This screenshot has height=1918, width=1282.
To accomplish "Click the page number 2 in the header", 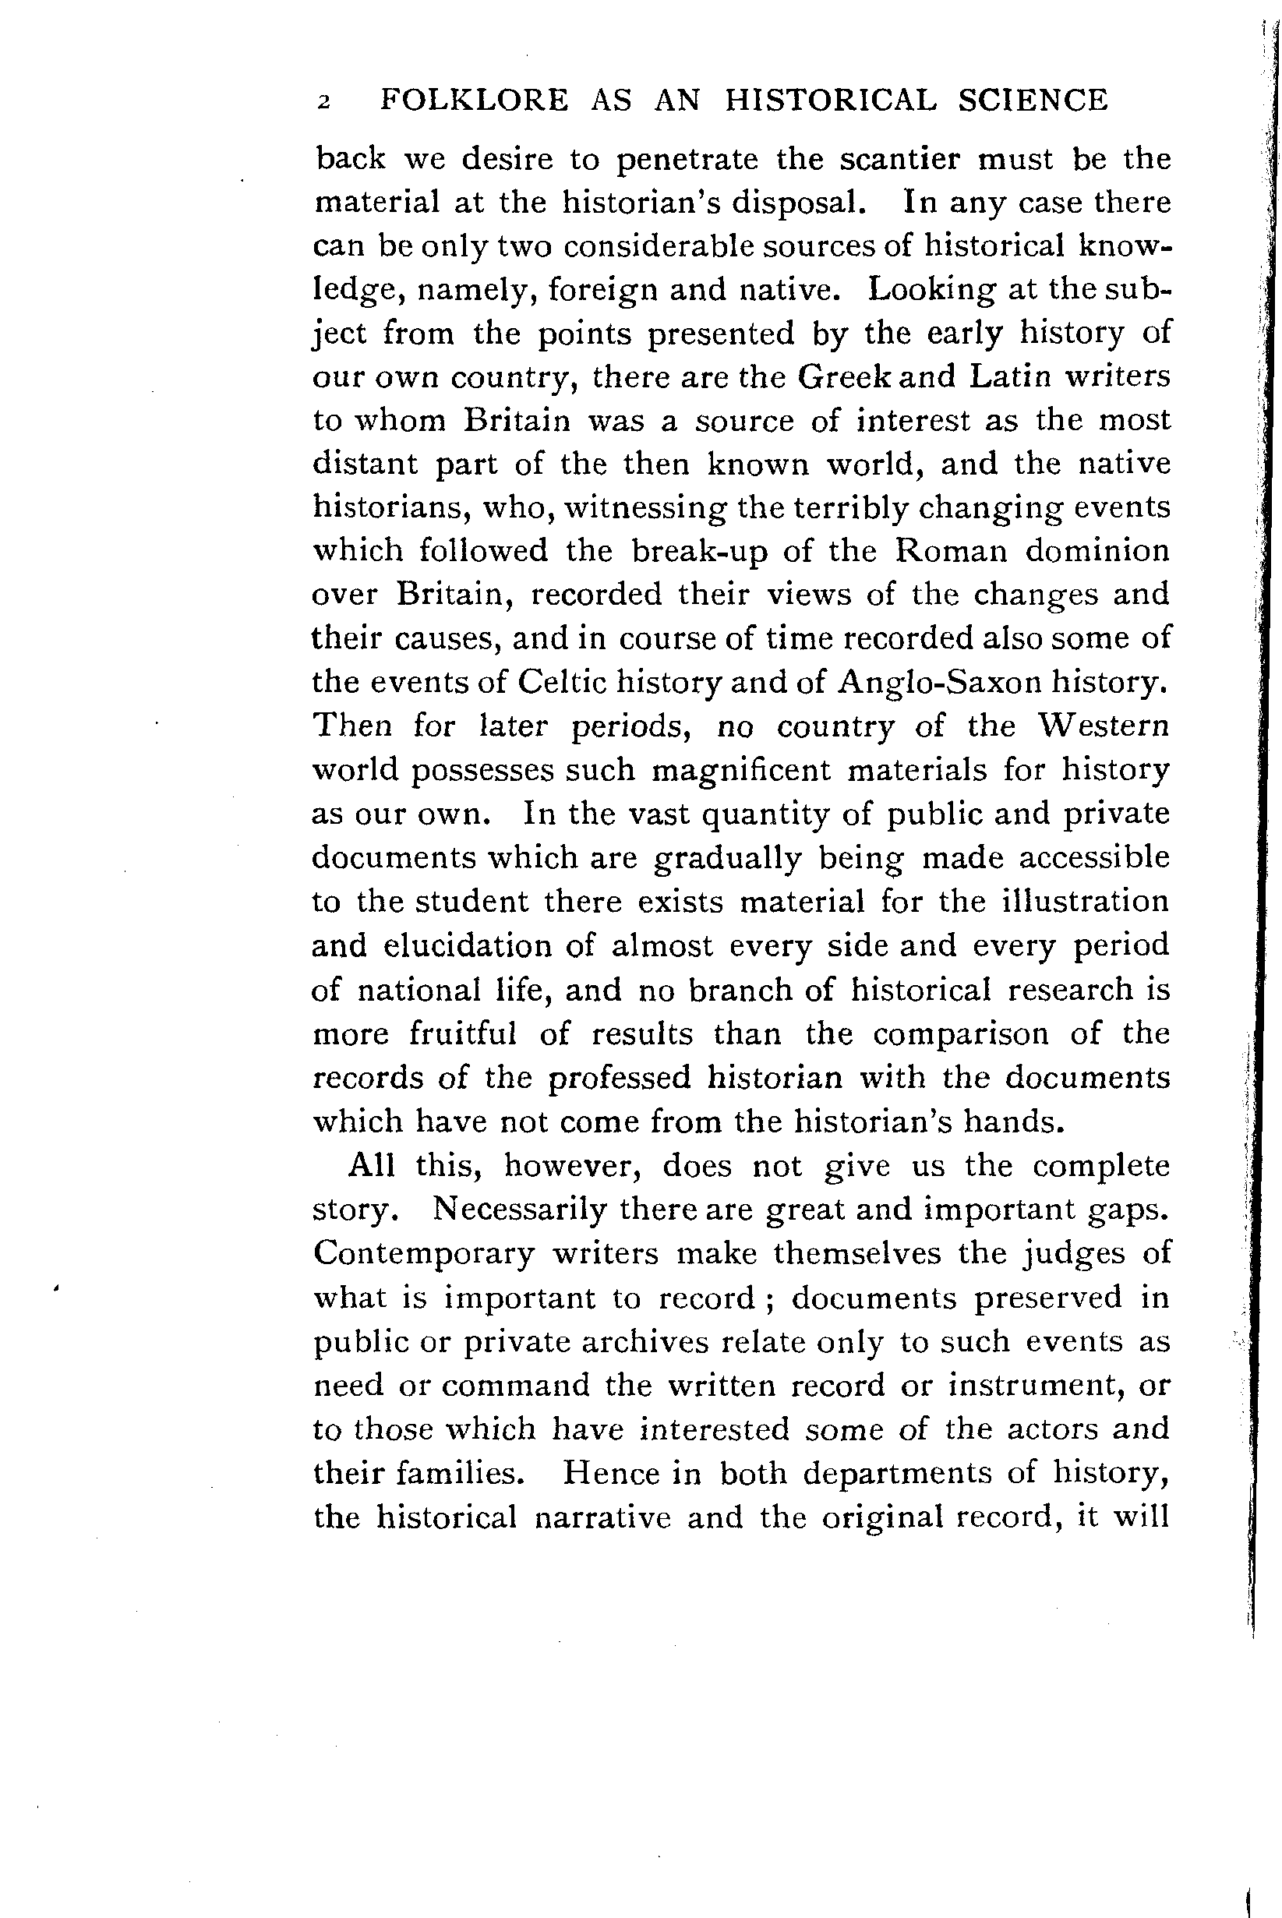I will pyautogui.click(x=324, y=103).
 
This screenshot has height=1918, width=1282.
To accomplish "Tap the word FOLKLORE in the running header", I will pyautogui.click(x=474, y=101).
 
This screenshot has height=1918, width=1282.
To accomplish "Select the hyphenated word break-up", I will pyautogui.click(x=700, y=552).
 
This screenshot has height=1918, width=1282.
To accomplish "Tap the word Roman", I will pyautogui.click(x=950, y=551).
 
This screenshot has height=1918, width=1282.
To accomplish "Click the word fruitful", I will pyautogui.click(x=463, y=1034).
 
